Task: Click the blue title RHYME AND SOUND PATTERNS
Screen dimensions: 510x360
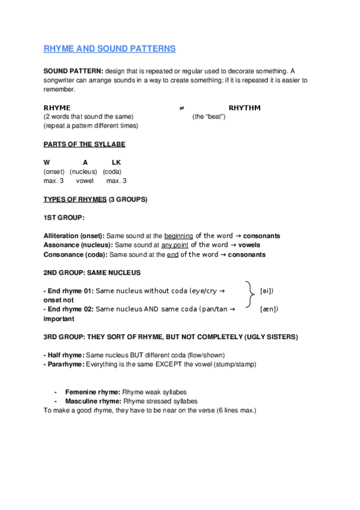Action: tap(109, 48)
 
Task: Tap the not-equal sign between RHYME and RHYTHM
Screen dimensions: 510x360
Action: tap(182, 108)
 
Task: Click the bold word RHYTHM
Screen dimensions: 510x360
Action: tap(244, 108)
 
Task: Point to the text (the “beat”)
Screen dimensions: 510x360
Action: tap(209, 117)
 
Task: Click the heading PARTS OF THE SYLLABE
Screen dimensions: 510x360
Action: tap(84, 144)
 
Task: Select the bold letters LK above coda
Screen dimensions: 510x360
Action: tap(116, 162)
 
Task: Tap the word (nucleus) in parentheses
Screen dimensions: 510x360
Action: tap(83, 171)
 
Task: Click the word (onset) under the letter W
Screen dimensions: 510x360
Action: tap(54, 171)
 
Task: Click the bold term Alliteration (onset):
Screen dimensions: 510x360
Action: tap(74, 236)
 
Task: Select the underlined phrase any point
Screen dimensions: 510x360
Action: tap(174, 245)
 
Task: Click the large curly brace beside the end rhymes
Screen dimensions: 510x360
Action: tap(250, 296)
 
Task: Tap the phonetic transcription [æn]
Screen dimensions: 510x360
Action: tap(269, 309)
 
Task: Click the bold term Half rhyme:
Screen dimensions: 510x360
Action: tap(66, 355)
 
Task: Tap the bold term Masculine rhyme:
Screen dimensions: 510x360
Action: tap(93, 401)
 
